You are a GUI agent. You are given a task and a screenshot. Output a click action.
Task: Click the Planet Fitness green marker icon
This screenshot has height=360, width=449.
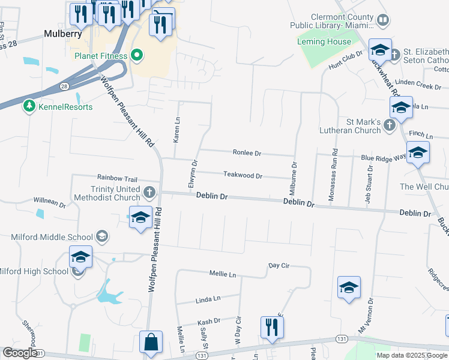tap(137, 56)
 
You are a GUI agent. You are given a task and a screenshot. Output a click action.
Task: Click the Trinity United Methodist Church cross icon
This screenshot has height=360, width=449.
tap(149, 193)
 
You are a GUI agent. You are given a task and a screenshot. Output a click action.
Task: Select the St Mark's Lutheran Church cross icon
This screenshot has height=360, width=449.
tap(389, 126)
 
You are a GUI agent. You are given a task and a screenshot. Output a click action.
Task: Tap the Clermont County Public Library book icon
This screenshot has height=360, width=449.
tap(382, 21)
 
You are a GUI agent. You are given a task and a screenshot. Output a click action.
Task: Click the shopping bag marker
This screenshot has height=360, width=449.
tap(151, 343)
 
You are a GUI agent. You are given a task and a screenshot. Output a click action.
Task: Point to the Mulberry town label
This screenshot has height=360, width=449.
tap(63, 34)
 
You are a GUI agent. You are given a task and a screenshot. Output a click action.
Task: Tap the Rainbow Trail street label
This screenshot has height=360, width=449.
tap(118, 179)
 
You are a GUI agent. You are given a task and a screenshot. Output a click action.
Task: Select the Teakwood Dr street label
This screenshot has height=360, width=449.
tap(243, 176)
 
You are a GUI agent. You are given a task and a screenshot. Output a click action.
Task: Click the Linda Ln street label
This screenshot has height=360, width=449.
tap(208, 298)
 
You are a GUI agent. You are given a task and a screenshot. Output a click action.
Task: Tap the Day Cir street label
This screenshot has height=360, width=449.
tap(279, 265)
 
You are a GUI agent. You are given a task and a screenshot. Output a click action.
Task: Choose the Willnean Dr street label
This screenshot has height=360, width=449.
tap(49, 202)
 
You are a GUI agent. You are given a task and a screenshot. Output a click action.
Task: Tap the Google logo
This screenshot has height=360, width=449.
tap(20, 353)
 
